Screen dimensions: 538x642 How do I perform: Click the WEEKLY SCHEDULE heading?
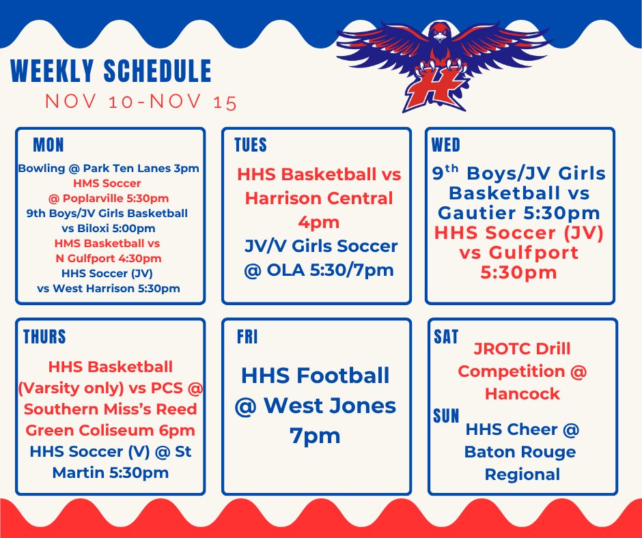tap(111, 72)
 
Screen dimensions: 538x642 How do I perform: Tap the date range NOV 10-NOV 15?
tap(141, 102)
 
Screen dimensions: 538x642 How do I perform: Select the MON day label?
tap(48, 145)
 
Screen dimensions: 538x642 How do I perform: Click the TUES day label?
tap(251, 145)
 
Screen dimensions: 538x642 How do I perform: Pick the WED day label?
tap(446, 145)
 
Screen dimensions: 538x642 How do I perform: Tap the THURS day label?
tap(44, 337)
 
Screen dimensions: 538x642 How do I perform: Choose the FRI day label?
tap(247, 337)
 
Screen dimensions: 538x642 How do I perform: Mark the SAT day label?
tap(446, 337)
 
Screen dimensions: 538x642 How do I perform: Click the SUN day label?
tap(446, 416)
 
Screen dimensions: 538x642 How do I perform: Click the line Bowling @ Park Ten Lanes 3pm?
tap(109, 168)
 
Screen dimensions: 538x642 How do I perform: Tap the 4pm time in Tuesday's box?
tap(317, 222)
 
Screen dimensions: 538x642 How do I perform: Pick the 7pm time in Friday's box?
tap(315, 435)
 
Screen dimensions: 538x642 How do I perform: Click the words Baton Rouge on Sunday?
tap(520, 452)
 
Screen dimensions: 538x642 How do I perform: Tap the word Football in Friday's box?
tap(347, 376)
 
